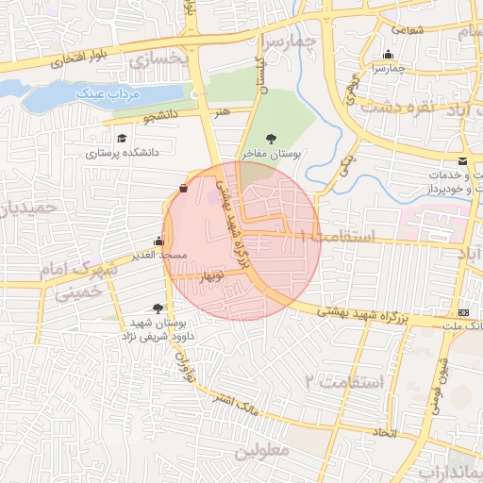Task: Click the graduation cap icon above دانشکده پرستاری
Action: (x=122, y=138)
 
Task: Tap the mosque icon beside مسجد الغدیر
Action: (x=158, y=241)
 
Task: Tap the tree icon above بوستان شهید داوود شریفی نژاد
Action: (x=157, y=308)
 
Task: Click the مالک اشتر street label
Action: (x=238, y=408)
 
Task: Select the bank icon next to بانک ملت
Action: (x=462, y=312)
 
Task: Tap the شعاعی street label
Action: (x=406, y=29)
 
